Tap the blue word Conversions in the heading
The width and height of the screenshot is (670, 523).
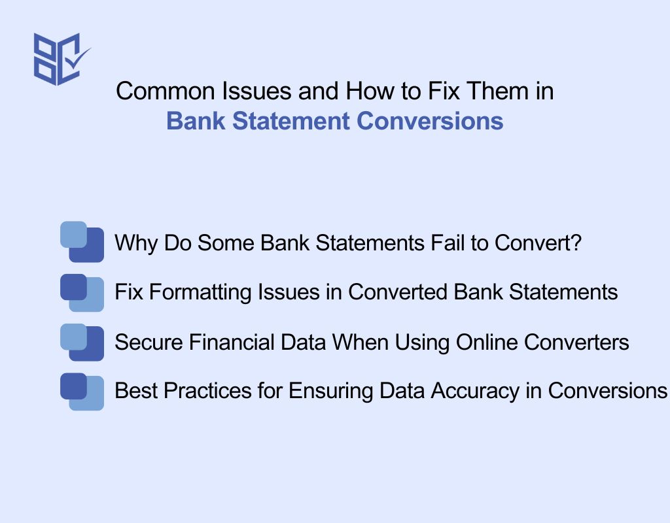point(430,121)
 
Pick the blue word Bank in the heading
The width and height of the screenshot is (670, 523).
point(196,121)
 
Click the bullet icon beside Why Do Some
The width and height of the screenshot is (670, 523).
point(82,242)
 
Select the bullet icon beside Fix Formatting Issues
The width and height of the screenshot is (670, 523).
point(82,293)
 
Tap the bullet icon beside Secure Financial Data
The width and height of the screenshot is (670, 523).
point(82,343)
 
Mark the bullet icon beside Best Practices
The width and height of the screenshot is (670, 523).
point(82,392)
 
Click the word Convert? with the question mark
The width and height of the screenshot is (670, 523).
point(538,243)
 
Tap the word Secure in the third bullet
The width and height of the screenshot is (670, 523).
point(149,343)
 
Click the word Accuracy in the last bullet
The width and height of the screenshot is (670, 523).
point(475,391)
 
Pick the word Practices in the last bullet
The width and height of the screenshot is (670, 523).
point(207,391)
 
